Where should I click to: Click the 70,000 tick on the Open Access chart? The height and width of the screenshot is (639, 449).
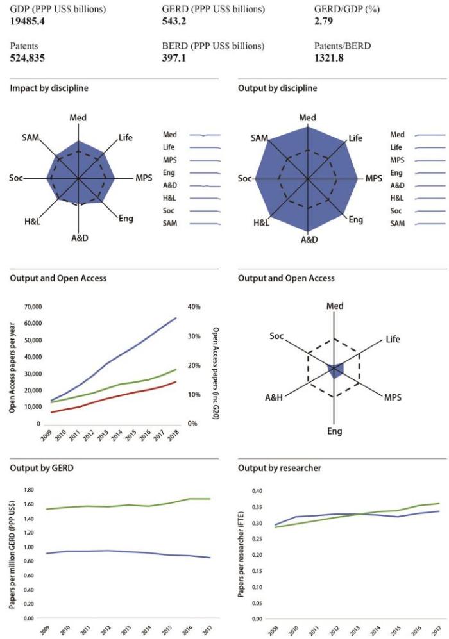[x=31, y=307]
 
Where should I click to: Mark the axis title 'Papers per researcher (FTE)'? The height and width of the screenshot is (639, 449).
[x=241, y=555]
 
